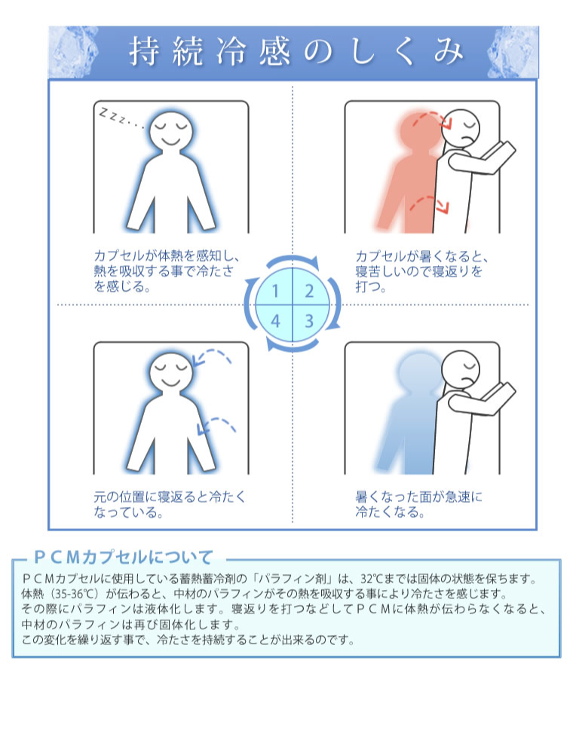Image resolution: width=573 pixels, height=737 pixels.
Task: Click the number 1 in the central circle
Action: (x=276, y=292)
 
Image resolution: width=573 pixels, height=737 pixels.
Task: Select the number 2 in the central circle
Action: (x=309, y=292)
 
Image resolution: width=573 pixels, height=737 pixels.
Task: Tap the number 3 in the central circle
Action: (x=309, y=321)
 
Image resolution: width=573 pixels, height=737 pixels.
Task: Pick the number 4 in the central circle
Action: (x=276, y=321)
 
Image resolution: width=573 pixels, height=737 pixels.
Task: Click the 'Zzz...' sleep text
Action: (x=121, y=118)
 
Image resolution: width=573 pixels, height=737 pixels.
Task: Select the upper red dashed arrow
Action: (x=433, y=117)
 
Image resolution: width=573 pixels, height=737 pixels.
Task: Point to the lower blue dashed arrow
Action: (x=216, y=424)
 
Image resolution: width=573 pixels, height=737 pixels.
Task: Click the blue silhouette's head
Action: (x=418, y=372)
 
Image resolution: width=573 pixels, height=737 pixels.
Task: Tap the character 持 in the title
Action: (x=144, y=50)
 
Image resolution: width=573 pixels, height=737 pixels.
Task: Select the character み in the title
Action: (x=449, y=50)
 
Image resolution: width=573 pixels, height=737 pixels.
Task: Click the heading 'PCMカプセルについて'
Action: (x=124, y=558)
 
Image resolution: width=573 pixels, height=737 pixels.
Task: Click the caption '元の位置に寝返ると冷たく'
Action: (x=170, y=497)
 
